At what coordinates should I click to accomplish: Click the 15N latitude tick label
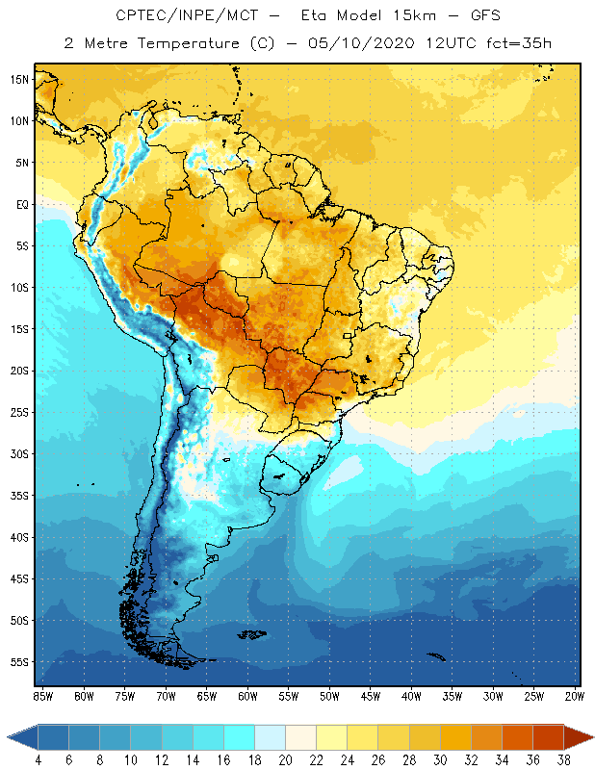click(18, 79)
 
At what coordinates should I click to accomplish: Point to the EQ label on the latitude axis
click(19, 204)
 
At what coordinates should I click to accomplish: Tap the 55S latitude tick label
click(18, 662)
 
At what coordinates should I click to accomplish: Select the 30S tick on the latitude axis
click(18, 453)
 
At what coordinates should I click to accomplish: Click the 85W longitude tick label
click(42, 695)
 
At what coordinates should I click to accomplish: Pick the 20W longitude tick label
click(574, 695)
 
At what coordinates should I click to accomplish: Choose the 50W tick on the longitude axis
click(329, 695)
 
